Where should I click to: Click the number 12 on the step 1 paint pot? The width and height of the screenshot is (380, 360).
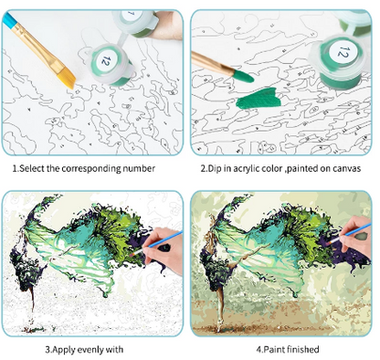[x=105, y=60]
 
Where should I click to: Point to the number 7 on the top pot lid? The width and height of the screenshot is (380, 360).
[x=132, y=14]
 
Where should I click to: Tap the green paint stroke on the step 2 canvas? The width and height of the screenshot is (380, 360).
[x=259, y=98]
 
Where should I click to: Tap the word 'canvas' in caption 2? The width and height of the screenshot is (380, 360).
[x=347, y=169]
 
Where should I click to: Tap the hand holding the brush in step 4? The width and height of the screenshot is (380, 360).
[x=355, y=237]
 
